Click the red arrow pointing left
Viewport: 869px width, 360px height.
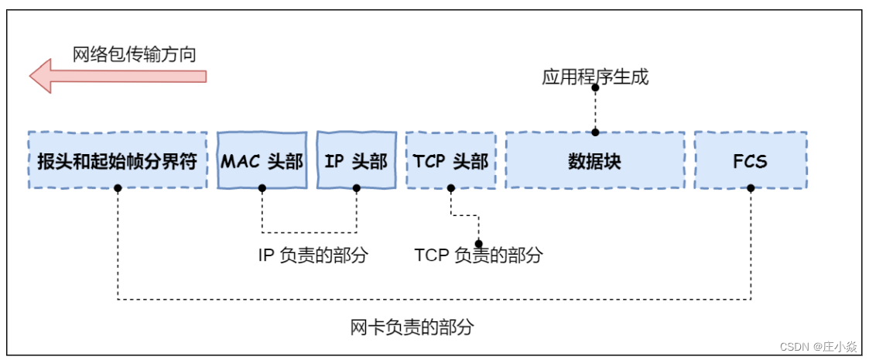pos(116,76)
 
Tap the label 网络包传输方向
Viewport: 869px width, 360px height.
pos(134,54)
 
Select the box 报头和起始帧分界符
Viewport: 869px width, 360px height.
pos(118,161)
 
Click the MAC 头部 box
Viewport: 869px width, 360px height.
pos(262,160)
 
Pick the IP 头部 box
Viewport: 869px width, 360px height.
pos(356,160)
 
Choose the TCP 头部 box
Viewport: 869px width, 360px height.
pos(450,160)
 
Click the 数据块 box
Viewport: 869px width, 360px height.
pos(594,161)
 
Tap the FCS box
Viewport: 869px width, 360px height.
pos(750,161)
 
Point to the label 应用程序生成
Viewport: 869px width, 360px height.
pos(594,77)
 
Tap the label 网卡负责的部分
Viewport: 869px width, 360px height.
pos(411,327)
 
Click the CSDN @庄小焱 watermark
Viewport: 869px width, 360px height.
pos(819,346)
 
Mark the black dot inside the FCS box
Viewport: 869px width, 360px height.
pos(750,188)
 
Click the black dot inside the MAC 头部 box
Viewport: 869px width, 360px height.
pos(262,188)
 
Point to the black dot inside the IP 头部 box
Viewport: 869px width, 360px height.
pos(357,188)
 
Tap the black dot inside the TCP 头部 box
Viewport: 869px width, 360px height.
pos(450,188)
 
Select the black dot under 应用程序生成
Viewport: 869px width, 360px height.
pos(595,87)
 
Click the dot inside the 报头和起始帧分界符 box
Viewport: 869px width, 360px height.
pos(118,188)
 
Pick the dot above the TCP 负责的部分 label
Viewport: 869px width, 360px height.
pos(478,243)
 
